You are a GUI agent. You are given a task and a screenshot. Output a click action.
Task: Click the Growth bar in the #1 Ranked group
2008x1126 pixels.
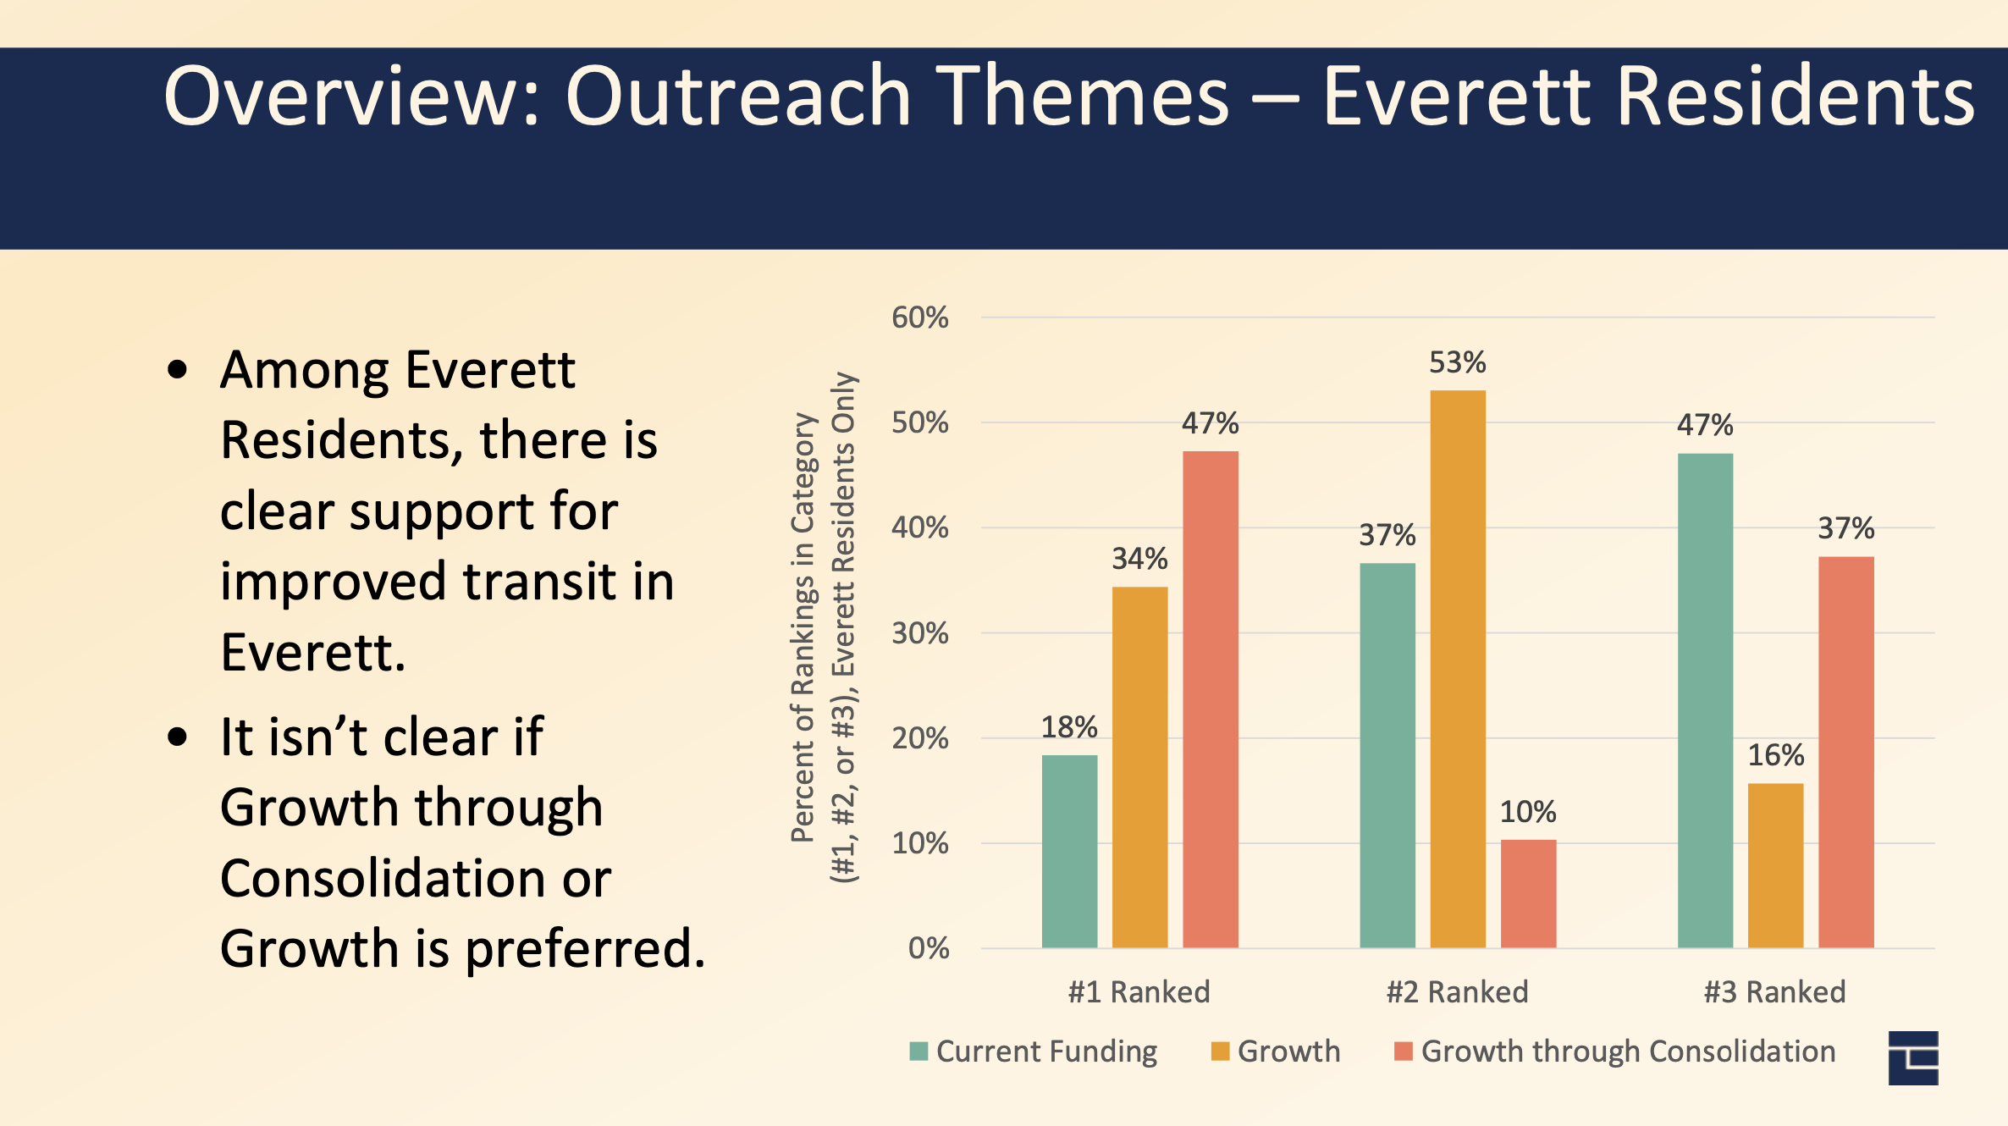[x=1139, y=767]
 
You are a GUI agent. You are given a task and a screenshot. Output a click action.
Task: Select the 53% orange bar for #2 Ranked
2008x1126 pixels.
[x=1458, y=669]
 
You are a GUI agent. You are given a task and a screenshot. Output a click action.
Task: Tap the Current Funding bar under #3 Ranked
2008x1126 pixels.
[x=1705, y=700]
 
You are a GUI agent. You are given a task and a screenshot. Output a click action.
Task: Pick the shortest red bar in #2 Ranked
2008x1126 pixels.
[x=1528, y=893]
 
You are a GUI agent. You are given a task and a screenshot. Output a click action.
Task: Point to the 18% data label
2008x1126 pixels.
[x=1069, y=727]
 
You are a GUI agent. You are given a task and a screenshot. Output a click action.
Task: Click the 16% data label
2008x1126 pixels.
[x=1776, y=755]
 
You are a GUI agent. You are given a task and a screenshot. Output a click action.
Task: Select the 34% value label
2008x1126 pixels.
[x=1139, y=559]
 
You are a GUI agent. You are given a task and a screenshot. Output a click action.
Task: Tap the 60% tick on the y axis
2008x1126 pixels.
[x=919, y=318]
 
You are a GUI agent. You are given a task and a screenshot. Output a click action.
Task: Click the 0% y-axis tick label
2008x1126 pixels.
[x=928, y=948]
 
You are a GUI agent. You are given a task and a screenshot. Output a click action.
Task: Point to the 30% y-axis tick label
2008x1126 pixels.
[x=919, y=633]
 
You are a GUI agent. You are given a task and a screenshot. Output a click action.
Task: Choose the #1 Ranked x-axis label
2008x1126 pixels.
[x=1139, y=991]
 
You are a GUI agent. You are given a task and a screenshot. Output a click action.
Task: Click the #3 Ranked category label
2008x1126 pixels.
[x=1774, y=991]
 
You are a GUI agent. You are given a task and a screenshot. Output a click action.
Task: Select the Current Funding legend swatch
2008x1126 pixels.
[x=918, y=1051]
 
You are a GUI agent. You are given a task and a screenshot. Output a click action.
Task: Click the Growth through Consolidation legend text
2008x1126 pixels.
[x=1628, y=1051]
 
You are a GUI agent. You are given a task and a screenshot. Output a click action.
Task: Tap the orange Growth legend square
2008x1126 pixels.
[x=1220, y=1051]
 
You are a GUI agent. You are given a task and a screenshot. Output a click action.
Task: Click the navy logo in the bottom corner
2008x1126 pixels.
[x=1913, y=1058]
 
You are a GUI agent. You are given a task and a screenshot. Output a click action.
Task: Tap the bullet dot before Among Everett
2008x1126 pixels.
[x=177, y=370]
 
